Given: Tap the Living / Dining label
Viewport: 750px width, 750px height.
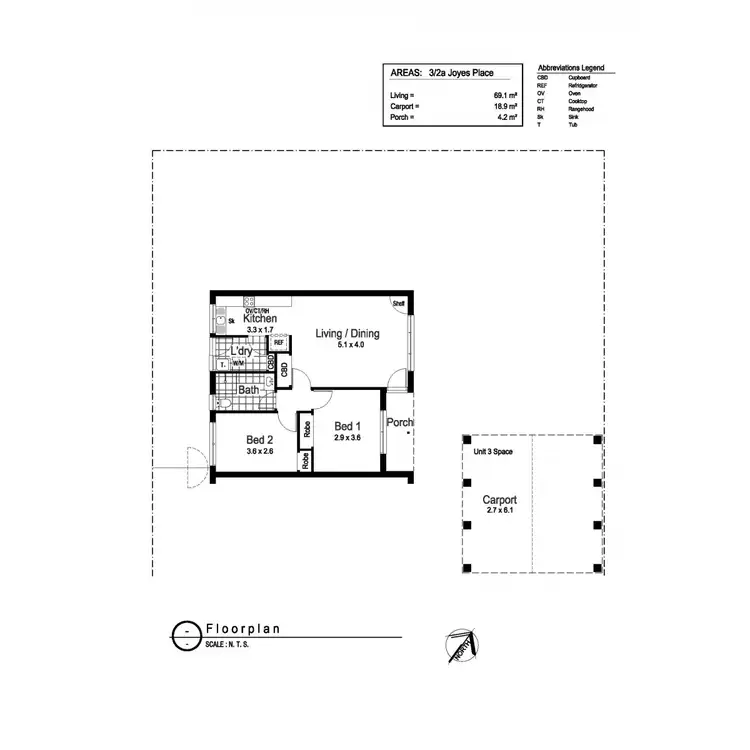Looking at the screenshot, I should point(339,334).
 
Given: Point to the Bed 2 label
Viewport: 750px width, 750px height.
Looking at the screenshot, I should point(260,438).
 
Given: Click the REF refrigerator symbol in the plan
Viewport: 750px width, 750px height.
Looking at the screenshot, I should point(279,343).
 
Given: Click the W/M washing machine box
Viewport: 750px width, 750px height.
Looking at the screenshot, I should point(238,364).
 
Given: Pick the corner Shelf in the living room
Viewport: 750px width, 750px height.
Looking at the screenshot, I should point(397,303).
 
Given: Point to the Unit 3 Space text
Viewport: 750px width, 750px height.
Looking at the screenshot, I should point(492,452).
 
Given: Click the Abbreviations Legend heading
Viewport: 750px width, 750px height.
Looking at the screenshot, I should point(570,68).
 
